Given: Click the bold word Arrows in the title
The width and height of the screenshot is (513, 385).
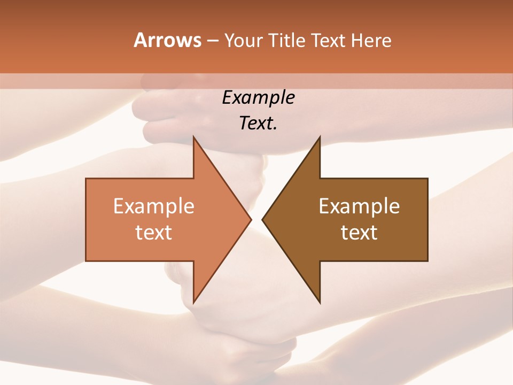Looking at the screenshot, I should click(x=167, y=40).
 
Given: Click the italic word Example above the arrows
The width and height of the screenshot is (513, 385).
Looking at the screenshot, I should click(x=259, y=97).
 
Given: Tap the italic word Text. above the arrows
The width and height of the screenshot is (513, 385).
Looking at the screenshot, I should click(x=259, y=123).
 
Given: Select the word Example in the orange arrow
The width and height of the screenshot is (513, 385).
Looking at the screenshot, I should click(x=154, y=206).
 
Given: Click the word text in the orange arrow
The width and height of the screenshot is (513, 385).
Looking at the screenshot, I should click(x=154, y=232).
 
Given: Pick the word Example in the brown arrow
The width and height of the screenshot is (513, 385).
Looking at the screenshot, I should click(x=359, y=206).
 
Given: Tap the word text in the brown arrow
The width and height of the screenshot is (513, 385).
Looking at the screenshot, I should click(x=359, y=232).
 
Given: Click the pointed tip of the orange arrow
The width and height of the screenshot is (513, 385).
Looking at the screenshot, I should click(x=251, y=219).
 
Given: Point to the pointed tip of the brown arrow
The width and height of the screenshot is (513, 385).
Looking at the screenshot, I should click(x=262, y=219).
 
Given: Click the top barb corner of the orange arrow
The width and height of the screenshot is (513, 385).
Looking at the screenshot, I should click(x=193, y=137).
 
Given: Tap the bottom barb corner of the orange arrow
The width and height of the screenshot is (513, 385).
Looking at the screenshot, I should click(x=193, y=303).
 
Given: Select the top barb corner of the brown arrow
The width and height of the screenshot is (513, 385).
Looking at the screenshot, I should click(x=320, y=137).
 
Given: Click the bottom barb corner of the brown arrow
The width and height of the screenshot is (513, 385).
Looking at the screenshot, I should click(x=320, y=303).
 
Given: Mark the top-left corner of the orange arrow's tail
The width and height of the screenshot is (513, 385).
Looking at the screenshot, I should click(x=86, y=179).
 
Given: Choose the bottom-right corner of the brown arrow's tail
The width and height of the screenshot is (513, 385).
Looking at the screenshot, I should click(x=428, y=261).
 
